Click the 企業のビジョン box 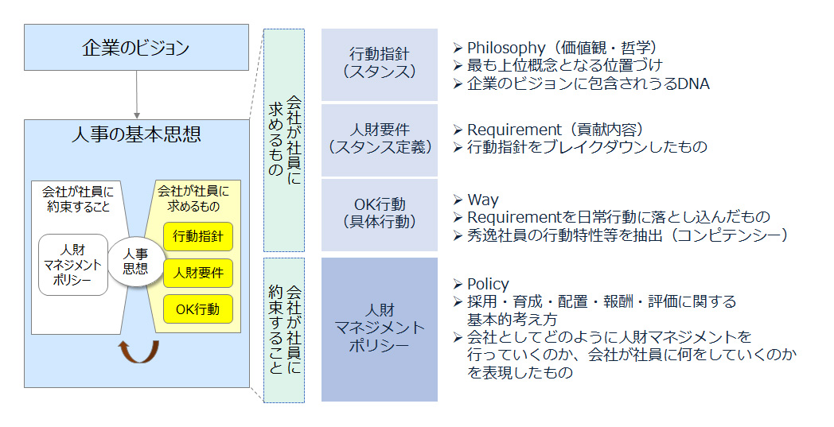tap(136, 48)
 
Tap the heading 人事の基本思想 tap(136, 135)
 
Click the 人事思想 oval tap(135, 262)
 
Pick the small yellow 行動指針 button tap(198, 236)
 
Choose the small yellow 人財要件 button tap(198, 273)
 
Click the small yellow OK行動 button tap(198, 309)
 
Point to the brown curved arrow tap(138, 351)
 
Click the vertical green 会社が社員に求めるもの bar tap(283, 139)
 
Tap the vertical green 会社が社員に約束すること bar tap(283, 328)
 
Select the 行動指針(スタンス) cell tap(380, 63)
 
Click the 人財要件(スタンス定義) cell tap(380, 138)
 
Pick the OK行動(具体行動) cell tap(380, 214)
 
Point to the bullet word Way tap(483, 200)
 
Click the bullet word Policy tap(488, 284)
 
